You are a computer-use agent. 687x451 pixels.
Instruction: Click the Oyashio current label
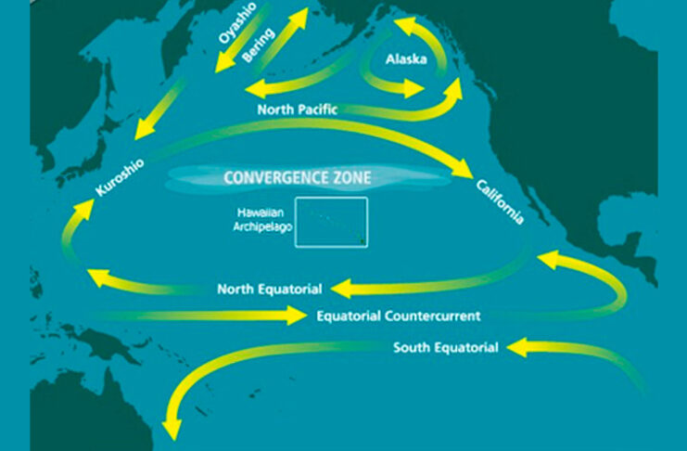click(x=237, y=23)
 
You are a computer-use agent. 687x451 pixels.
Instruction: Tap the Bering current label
click(x=259, y=45)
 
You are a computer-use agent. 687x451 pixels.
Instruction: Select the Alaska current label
click(x=406, y=58)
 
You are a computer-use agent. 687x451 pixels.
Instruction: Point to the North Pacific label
click(x=298, y=110)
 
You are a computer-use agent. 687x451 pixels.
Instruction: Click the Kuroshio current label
click(x=120, y=177)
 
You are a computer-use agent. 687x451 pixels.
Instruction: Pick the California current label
click(x=500, y=201)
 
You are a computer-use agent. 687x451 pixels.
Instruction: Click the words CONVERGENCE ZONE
click(x=298, y=177)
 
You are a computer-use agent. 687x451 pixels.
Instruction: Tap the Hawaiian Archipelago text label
click(x=262, y=220)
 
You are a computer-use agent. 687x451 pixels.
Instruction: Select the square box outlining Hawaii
click(x=331, y=198)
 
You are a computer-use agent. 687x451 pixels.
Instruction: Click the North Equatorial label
click(x=270, y=290)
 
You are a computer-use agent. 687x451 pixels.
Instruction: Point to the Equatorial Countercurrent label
click(x=399, y=316)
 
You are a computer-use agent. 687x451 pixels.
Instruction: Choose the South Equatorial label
click(x=446, y=347)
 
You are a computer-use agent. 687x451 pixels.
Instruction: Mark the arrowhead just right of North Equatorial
click(x=342, y=289)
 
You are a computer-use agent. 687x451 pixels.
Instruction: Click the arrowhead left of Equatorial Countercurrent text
click(x=296, y=316)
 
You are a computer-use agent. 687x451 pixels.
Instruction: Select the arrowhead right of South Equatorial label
click(x=517, y=347)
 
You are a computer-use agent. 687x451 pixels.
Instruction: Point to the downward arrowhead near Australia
click(x=172, y=429)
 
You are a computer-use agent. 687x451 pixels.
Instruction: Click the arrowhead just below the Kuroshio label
click(x=83, y=210)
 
